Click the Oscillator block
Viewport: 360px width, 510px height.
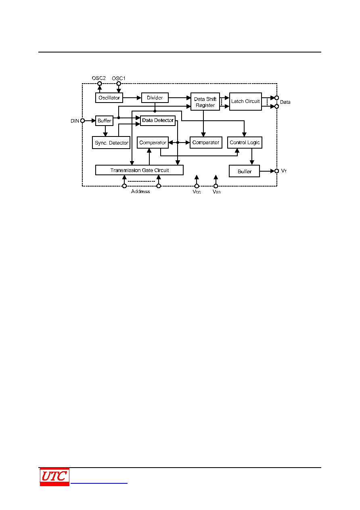[x=109, y=98]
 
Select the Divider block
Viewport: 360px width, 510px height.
[x=155, y=98]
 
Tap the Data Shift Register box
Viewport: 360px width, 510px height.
[x=205, y=101]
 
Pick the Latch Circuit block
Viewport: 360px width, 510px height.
[x=245, y=101]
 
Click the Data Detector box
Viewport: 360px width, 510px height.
[x=158, y=120]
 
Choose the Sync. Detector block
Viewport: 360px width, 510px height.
[x=111, y=143]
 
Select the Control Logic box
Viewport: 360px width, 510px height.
[x=245, y=143]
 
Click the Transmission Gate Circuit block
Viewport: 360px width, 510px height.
[x=139, y=170]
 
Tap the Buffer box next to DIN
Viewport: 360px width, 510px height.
[x=104, y=121]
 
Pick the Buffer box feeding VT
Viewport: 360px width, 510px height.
[x=244, y=171]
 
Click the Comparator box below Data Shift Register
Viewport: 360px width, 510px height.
[x=206, y=143]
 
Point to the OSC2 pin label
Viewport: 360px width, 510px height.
[x=99, y=78]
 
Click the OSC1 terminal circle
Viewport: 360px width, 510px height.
[x=119, y=84]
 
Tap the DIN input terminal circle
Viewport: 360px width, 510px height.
[x=83, y=121]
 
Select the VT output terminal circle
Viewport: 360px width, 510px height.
[x=277, y=171]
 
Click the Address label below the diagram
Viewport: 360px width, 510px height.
[x=140, y=191]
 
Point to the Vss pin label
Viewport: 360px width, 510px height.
[x=216, y=192]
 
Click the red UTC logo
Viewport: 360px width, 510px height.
[x=54, y=477]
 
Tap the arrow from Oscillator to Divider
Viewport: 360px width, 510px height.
[x=132, y=98]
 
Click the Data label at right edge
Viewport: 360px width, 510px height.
[x=285, y=102]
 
